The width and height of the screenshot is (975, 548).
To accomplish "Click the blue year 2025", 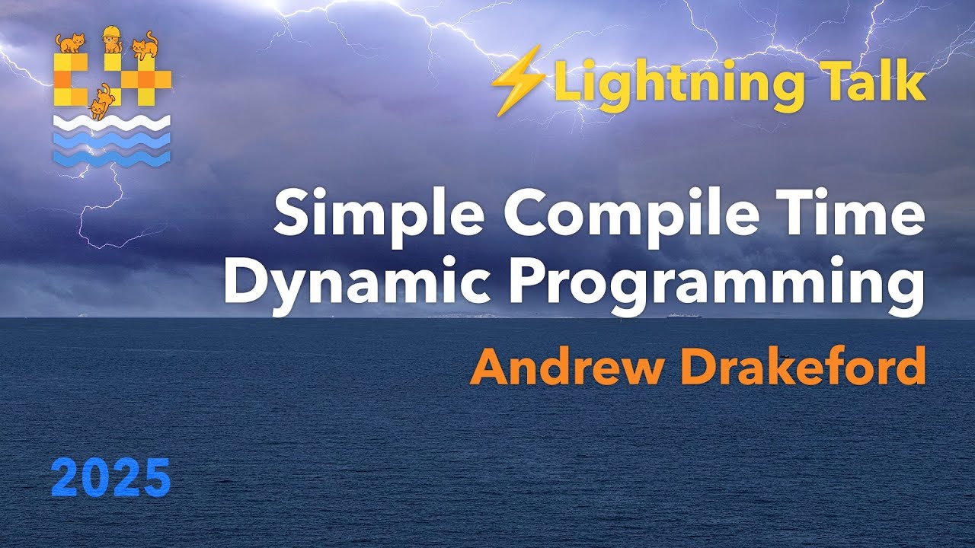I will (x=111, y=478).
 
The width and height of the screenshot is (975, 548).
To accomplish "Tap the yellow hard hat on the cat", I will (x=112, y=31).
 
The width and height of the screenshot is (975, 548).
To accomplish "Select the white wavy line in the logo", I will (x=112, y=123).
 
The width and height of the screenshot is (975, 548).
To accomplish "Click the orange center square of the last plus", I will (x=145, y=79).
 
